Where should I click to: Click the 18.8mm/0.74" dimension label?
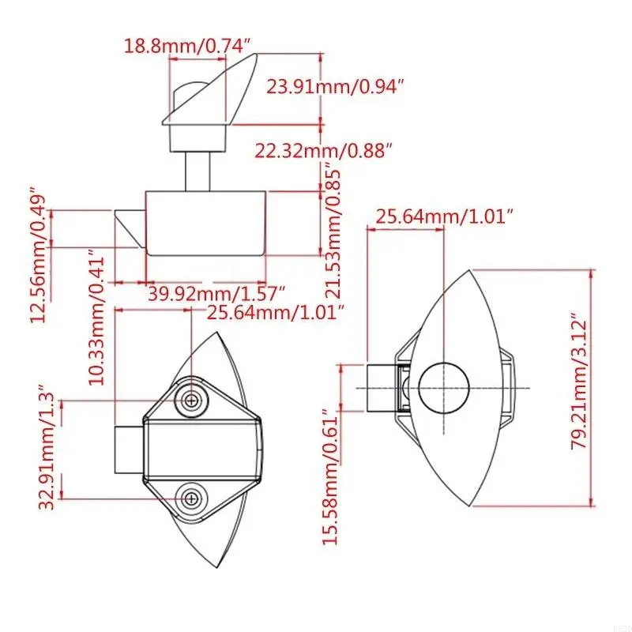click(187, 46)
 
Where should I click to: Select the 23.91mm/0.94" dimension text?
click(335, 86)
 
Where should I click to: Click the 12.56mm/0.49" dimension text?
click(38, 254)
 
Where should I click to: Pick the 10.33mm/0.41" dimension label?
click(96, 318)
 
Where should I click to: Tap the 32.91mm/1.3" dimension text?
click(47, 446)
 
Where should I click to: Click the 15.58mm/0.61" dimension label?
click(330, 476)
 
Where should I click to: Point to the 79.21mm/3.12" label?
click(580, 381)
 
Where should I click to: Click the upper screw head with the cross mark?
click(191, 401)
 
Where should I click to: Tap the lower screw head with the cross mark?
click(191, 499)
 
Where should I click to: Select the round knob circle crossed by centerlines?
click(444, 388)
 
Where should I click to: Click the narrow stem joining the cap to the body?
click(197, 171)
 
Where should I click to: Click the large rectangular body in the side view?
click(205, 224)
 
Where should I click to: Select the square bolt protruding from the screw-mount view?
click(129, 450)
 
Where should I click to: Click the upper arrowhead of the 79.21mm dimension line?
click(592, 274)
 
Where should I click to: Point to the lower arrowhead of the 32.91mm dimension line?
click(62, 495)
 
